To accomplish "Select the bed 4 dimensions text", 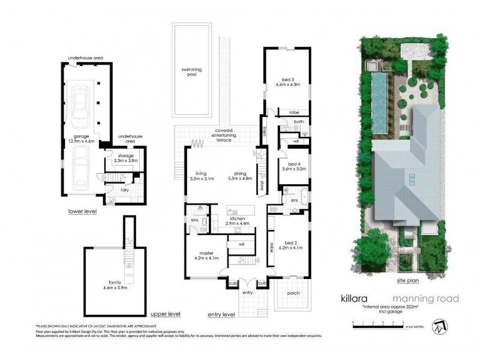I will click(294, 169).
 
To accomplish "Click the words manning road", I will click(425, 298).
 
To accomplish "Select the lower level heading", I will click(83, 211).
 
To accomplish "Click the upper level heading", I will click(166, 314).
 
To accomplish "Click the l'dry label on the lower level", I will click(124, 190).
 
